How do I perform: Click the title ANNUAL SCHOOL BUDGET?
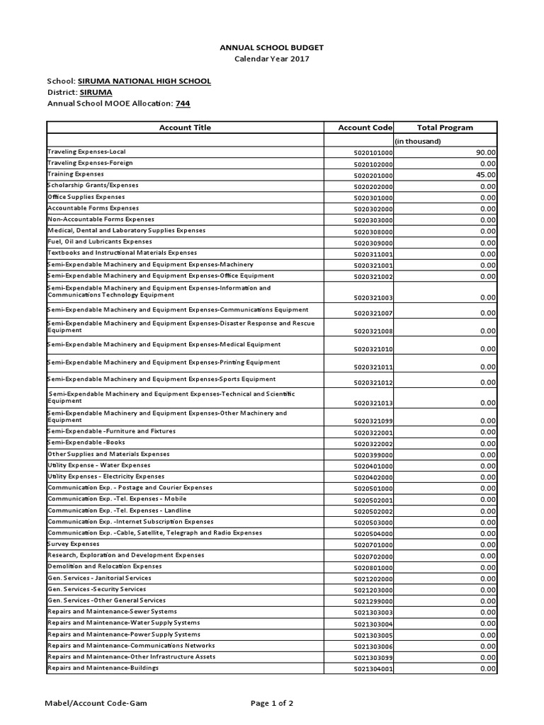pyautogui.click(x=272, y=47)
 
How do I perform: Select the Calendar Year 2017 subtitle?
pyautogui.click(x=272, y=59)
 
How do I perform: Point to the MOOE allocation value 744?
pyautogui.click(x=183, y=103)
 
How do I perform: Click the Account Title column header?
pyautogui.click(x=185, y=127)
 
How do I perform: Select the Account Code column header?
pyautogui.click(x=365, y=127)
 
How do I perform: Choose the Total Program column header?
pyautogui.click(x=445, y=127)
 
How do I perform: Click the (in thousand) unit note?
pyautogui.click(x=418, y=141)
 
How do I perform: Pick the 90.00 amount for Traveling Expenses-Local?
pyautogui.click(x=486, y=152)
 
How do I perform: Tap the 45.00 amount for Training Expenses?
pyautogui.click(x=486, y=175)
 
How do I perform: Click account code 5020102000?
pyautogui.click(x=373, y=164)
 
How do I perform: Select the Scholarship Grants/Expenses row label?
pyautogui.click(x=83, y=185)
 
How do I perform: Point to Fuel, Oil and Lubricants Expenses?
pyautogui.click(x=100, y=241)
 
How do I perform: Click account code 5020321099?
pyautogui.click(x=373, y=421)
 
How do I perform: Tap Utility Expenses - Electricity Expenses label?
pyautogui.click(x=106, y=476)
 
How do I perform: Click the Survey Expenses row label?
pyautogui.click(x=74, y=544)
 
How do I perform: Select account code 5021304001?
pyautogui.click(x=373, y=669)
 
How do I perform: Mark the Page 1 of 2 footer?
pyautogui.click(x=272, y=703)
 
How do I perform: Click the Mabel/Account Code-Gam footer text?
pyautogui.click(x=96, y=703)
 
